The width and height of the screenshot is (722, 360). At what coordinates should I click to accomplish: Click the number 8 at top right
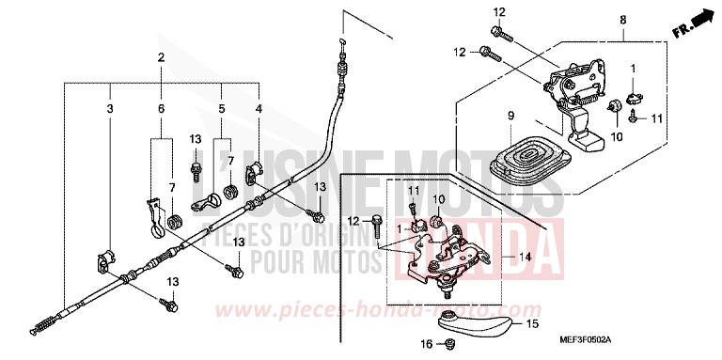coord(622,19)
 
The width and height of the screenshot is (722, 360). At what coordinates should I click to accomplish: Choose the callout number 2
coord(161,57)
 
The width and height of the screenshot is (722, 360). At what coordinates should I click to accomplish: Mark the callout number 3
coord(110,110)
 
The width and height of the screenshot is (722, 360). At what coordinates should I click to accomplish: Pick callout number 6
coord(161,110)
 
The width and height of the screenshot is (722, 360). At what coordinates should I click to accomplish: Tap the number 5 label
coord(222,110)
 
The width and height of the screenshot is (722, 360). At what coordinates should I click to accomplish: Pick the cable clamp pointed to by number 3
coord(104,258)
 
